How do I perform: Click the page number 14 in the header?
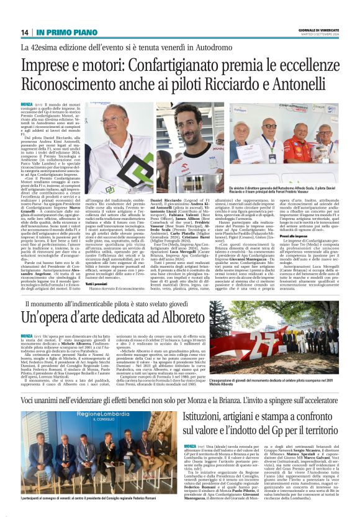tap(25, 32)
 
